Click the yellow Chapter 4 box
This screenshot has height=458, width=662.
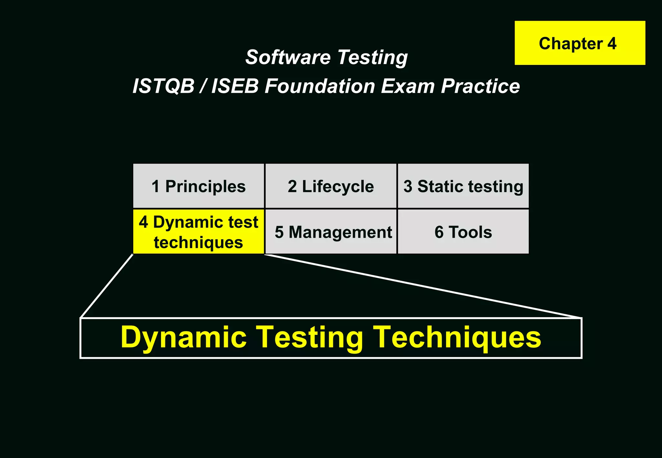pos(580,43)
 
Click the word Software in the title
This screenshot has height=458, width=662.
pos(287,57)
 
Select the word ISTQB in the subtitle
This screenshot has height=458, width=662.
pos(164,87)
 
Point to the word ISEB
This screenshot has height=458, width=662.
pos(235,87)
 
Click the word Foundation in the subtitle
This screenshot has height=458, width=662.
pos(319,87)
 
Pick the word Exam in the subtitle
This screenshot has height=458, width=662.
pos(407,87)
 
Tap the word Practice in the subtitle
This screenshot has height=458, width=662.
pos(480,87)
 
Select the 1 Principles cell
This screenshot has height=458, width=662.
pos(198,186)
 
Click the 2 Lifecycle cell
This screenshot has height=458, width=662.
pos(331,186)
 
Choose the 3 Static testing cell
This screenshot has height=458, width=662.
pos(463,186)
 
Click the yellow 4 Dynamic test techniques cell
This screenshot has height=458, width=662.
pos(198,232)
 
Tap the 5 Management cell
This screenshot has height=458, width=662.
pos(331,232)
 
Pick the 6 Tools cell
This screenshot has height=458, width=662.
pos(463,232)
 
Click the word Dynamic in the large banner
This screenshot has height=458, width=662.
pos(183,338)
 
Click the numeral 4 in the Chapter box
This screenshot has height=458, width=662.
pos(611,43)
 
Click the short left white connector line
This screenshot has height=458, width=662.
pos(107,286)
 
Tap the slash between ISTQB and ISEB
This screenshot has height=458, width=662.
pos(203,87)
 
